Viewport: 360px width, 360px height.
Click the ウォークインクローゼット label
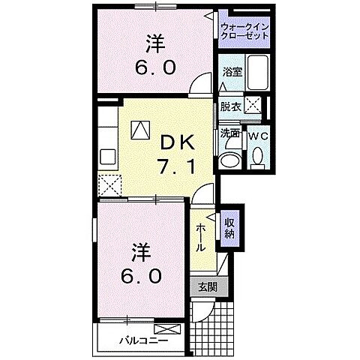pos(243,31)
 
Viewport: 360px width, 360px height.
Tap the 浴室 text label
pos(232,72)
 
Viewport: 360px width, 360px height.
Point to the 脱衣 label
pos(230,107)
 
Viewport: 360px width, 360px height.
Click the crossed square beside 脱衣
pos(253,107)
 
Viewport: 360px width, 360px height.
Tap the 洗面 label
pos(229,133)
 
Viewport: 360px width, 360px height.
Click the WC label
pos(257,135)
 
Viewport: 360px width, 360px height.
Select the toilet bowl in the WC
pos(257,157)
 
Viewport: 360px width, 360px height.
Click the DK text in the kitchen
pos(174,142)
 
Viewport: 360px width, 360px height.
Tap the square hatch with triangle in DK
pos(140,130)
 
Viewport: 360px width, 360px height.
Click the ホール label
pos(202,236)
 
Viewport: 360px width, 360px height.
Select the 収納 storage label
pos(229,228)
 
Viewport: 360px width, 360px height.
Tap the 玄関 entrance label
pos(208,286)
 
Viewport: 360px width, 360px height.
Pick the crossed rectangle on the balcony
pos(164,328)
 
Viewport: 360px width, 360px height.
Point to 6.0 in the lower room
pos(142,275)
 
